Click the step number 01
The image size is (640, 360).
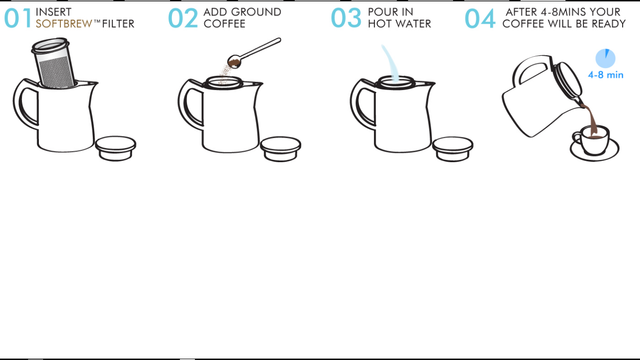pos(17,18)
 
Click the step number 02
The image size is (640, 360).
pos(183,18)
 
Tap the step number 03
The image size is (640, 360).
pos(346,18)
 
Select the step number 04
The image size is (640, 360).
pos(480,18)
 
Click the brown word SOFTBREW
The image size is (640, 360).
pos(64,23)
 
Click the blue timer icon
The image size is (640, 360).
pos(604,58)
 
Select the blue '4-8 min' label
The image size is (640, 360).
pos(604,75)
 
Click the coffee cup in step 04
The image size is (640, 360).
pos(592,141)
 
